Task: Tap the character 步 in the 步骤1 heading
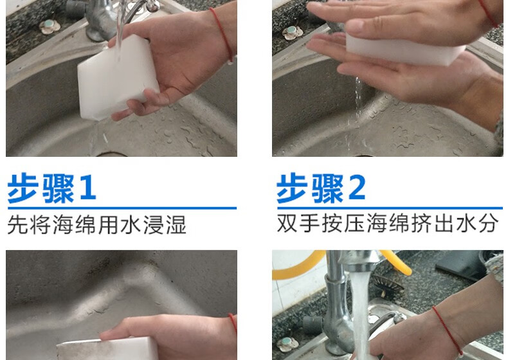(x=23, y=188)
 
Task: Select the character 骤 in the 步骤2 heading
(x=327, y=188)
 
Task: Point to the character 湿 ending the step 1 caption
(x=176, y=224)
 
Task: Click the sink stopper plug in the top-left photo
(x=50, y=26)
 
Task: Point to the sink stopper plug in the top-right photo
(x=292, y=33)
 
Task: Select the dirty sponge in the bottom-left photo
(x=107, y=348)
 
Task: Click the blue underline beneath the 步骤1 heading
(x=122, y=208)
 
